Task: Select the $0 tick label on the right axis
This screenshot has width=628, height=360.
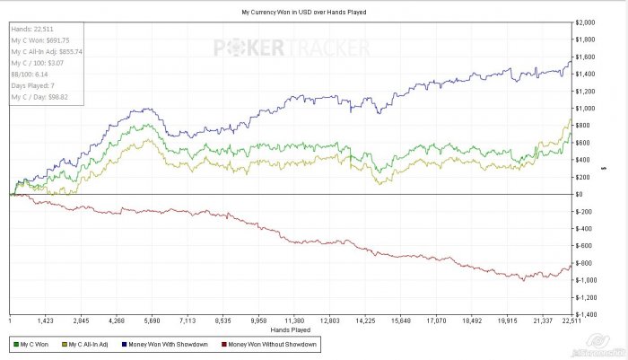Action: coord(580,194)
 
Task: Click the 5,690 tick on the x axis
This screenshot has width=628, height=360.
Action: coord(151,320)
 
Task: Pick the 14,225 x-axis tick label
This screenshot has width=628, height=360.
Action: coord(364,320)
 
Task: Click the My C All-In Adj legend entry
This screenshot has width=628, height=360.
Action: coord(89,345)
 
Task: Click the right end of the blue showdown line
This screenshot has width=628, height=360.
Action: coord(571,60)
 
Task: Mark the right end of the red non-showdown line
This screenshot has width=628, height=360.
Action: coord(571,264)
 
